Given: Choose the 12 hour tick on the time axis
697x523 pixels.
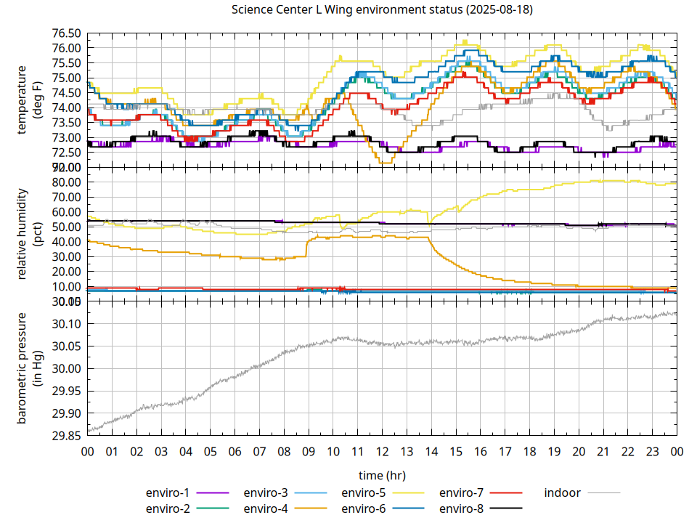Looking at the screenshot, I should [382, 451].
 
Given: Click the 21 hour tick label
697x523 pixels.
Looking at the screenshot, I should [603, 451].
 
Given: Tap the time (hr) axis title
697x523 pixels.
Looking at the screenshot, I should [382, 475].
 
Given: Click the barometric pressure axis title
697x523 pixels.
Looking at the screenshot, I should [30, 369].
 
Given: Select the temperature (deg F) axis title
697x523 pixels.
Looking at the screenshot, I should [30, 100].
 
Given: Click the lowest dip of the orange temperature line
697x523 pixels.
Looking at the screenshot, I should [385, 163].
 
